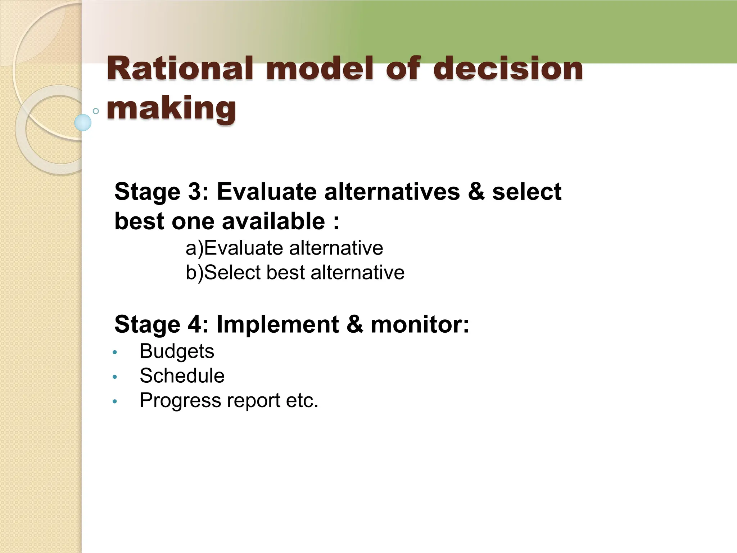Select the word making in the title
point(171,108)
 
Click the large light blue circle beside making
point(83,122)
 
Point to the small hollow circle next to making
point(96,111)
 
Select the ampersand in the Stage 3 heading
point(476,192)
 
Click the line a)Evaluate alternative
point(284,248)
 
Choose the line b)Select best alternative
point(295,273)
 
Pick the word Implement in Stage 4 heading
point(277,324)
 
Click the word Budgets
point(177,351)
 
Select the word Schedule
point(182,376)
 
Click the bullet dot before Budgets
point(115,352)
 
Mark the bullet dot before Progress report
point(115,401)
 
